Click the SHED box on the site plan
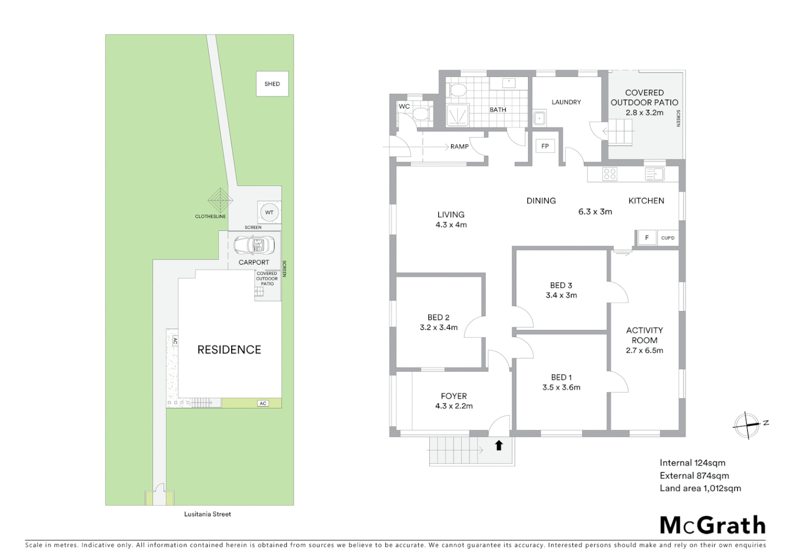tap(272, 83)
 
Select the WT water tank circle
tap(269, 213)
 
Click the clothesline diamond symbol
tap(220, 200)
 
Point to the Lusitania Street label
tap(207, 514)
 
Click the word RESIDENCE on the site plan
tap(229, 349)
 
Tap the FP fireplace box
tap(545, 146)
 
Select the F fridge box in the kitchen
tap(646, 238)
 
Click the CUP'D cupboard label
tap(668, 238)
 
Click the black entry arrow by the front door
tap(499, 445)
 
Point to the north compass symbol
tap(746, 425)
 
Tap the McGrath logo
tap(712, 525)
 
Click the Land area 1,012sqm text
tap(700, 488)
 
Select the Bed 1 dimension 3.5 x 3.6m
tap(561, 387)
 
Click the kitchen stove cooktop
tap(610, 174)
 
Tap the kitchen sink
tap(655, 174)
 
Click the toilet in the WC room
tap(422, 114)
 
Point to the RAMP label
tap(459, 147)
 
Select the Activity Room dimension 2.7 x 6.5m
tap(644, 350)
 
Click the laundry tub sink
tap(540, 118)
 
